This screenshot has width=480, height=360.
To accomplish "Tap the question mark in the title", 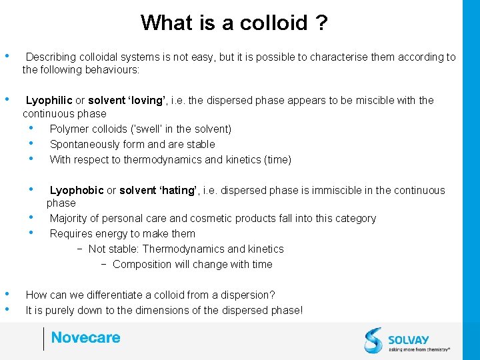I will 321,23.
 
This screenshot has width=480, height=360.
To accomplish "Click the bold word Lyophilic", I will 49,101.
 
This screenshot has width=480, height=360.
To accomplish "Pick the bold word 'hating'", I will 175,191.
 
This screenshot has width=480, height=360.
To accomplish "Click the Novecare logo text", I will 86,338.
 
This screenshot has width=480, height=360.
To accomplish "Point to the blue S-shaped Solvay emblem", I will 374,340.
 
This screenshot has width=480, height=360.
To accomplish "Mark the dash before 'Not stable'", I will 79,249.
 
